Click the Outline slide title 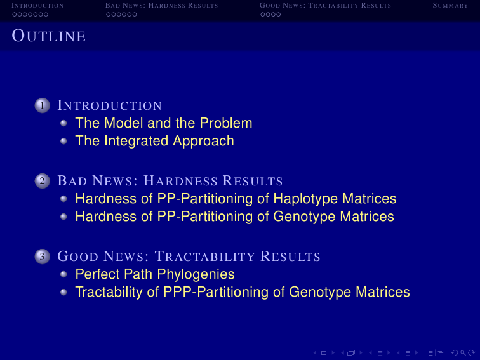[49, 36]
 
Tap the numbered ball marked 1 [43, 105]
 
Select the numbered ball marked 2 [43, 181]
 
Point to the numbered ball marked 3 [43, 257]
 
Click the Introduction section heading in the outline [110, 105]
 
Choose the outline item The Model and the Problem [164, 123]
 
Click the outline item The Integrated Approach [154, 141]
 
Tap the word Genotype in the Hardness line [304, 217]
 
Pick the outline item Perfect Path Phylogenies [155, 274]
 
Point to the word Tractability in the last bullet [109, 292]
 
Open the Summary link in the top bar [450, 6]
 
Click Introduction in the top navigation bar [37, 6]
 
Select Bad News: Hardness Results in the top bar [162, 6]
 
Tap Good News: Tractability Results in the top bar [325, 6]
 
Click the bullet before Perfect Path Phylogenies [63, 274]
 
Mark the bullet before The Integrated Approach [63, 141]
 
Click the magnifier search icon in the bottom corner [463, 353]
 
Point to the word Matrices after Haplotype [370, 199]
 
